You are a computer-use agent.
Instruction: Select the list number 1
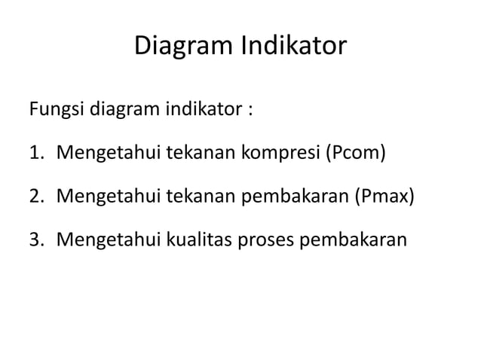35,156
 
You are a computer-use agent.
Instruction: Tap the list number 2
35,198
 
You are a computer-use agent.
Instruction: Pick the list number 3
35,240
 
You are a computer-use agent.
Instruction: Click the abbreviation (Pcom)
355,156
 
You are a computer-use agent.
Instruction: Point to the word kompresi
281,156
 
